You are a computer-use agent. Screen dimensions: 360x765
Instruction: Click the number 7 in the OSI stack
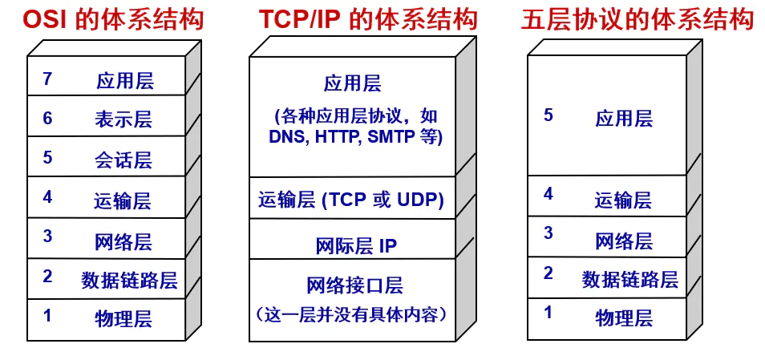pyautogui.click(x=47, y=79)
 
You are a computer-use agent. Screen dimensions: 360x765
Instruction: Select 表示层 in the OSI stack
pyautogui.click(x=123, y=120)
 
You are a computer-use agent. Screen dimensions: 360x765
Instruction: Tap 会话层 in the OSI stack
pyautogui.click(x=123, y=160)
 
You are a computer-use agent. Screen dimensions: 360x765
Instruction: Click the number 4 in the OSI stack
pyautogui.click(x=47, y=197)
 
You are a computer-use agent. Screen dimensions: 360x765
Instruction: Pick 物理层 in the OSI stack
pyautogui.click(x=123, y=318)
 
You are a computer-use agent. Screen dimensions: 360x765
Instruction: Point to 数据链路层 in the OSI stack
pyautogui.click(x=129, y=280)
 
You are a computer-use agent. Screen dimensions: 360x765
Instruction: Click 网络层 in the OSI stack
pyautogui.click(x=123, y=241)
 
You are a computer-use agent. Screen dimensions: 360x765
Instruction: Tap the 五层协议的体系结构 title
pyautogui.click(x=638, y=19)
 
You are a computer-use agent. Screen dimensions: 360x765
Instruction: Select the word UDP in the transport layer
pyautogui.click(x=419, y=199)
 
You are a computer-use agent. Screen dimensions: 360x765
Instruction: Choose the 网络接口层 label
pyautogui.click(x=354, y=285)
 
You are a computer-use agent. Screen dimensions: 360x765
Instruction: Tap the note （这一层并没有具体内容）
pyautogui.click(x=355, y=312)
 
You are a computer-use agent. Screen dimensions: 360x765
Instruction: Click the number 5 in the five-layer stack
pyautogui.click(x=548, y=115)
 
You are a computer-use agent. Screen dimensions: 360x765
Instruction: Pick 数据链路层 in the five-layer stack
pyautogui.click(x=630, y=279)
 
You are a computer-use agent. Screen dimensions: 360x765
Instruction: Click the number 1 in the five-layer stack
pyautogui.click(x=548, y=313)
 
